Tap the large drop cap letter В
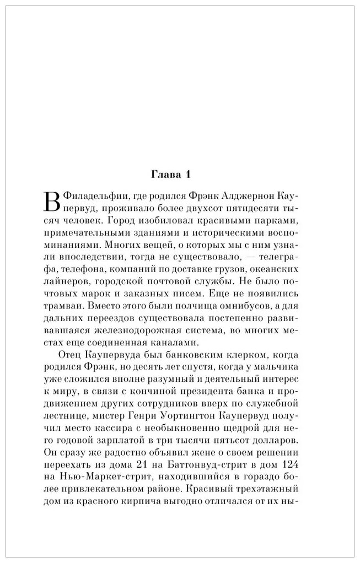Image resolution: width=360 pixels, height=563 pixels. coord(50,202)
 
